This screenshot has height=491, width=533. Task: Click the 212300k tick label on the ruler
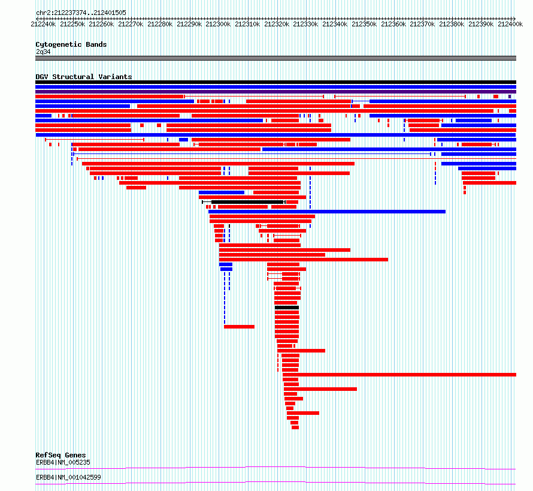click(218, 24)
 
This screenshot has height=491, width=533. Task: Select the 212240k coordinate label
click(43, 24)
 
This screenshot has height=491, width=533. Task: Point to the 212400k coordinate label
click(510, 24)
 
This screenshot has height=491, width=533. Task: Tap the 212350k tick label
click(364, 24)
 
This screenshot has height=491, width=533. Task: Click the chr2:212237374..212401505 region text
click(81, 13)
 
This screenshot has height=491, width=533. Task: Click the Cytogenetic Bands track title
click(71, 44)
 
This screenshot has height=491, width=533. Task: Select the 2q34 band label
click(43, 52)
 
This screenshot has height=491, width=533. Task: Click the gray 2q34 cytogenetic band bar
click(275, 58)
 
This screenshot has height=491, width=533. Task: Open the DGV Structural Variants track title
click(84, 77)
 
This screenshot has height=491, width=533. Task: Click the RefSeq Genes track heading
click(60, 455)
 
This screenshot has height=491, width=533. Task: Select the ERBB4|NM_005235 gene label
click(63, 462)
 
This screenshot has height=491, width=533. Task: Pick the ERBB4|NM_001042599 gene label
click(68, 477)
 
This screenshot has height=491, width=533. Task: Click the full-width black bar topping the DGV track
click(275, 82)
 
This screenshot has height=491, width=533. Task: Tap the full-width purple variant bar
click(275, 92)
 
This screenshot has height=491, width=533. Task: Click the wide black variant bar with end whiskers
click(244, 202)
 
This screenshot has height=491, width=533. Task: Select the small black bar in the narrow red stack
click(287, 308)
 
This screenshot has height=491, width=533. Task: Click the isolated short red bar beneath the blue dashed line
click(240, 327)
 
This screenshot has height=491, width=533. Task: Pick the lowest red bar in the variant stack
click(295, 427)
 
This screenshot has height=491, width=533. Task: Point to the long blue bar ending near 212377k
click(327, 212)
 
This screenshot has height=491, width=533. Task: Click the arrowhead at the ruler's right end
click(514, 19)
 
